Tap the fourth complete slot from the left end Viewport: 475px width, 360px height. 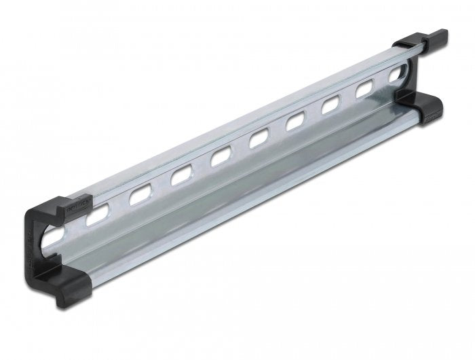[221, 158]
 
